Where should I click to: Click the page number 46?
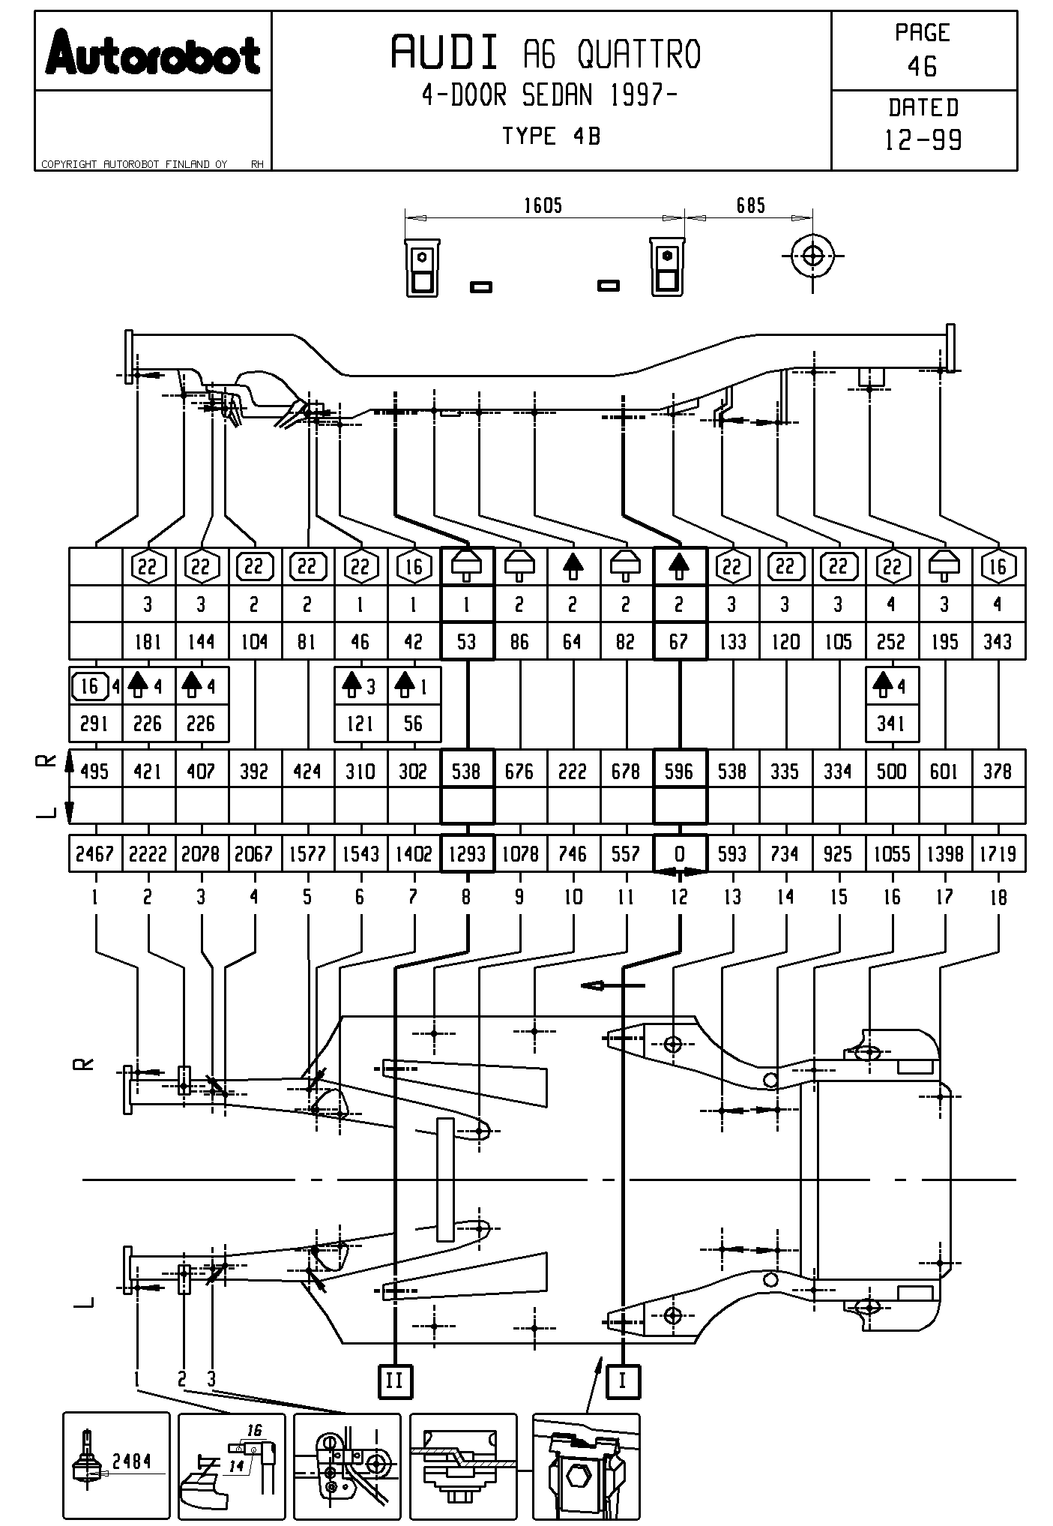click(922, 67)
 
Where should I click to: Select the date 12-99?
click(923, 139)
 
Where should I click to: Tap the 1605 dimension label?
click(543, 205)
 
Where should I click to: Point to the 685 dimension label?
click(750, 205)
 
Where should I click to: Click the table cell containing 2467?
click(94, 853)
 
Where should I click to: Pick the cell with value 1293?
click(467, 853)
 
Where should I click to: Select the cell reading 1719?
click(998, 853)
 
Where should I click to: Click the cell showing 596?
click(679, 770)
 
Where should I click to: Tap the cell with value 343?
click(998, 641)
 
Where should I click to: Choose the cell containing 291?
click(94, 724)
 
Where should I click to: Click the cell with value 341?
click(891, 724)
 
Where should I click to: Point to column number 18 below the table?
click(998, 897)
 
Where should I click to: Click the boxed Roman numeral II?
click(394, 1381)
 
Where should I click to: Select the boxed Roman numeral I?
click(622, 1381)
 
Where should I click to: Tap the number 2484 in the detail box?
click(131, 1460)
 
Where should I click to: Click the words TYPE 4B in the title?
click(551, 136)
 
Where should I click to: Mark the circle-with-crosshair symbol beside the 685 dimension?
click(812, 256)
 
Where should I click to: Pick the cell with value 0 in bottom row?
click(679, 853)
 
